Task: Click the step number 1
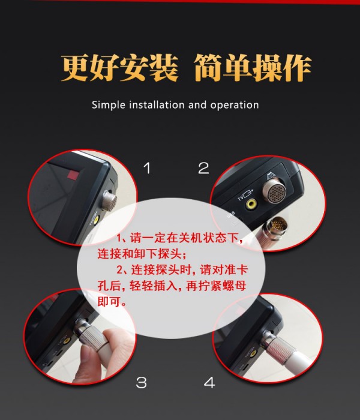coord(147,168)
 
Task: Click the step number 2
coord(203,168)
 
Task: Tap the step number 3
coord(142,382)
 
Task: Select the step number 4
coord(209,382)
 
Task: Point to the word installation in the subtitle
coord(157,104)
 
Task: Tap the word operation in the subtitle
coord(235,105)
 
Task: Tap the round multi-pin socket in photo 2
coord(274,191)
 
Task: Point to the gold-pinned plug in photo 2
coord(278,224)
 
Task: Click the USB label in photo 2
coord(231,215)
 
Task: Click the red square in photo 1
coord(73,175)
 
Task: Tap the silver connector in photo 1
coord(110,201)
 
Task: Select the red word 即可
coord(109,302)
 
